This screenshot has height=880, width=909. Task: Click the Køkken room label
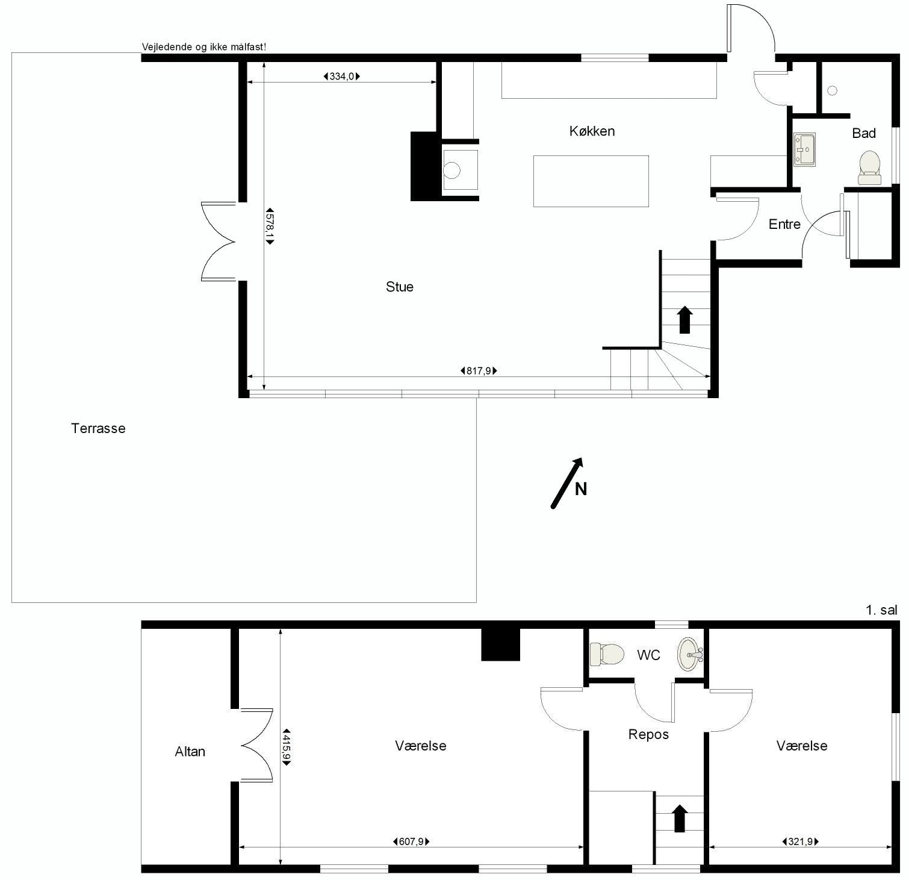[592, 131]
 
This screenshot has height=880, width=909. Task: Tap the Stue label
[400, 287]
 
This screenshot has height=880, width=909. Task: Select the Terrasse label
[98, 428]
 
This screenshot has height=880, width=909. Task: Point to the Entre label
[784, 224]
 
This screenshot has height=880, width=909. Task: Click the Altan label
[190, 751]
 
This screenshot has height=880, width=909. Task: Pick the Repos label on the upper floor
[648, 734]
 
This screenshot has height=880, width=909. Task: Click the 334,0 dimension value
[342, 76]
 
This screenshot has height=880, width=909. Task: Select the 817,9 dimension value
[479, 371]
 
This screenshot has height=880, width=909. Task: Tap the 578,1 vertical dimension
[270, 226]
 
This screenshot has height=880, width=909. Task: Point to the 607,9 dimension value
[411, 841]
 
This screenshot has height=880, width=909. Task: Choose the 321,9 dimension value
[800, 841]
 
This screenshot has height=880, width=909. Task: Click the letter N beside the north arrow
[581, 489]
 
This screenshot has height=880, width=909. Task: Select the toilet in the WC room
[607, 654]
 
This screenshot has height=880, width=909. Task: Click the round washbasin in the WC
[690, 654]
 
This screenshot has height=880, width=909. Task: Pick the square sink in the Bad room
[804, 149]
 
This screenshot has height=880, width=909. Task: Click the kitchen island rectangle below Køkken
[591, 181]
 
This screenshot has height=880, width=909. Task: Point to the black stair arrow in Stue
[684, 320]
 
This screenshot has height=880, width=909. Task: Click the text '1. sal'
[881, 610]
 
